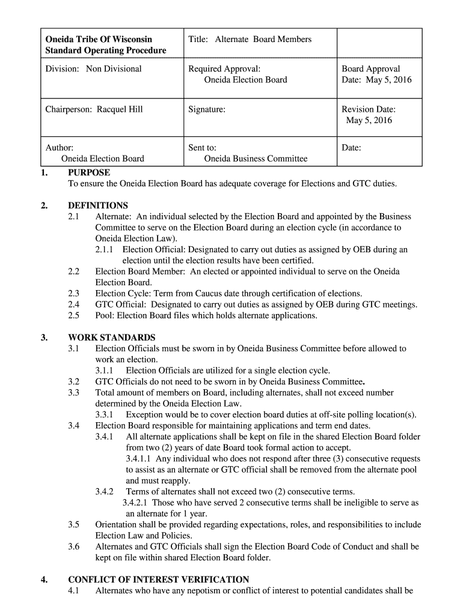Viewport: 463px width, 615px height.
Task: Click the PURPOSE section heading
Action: click(89, 173)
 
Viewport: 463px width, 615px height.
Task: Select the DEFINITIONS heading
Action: click(98, 205)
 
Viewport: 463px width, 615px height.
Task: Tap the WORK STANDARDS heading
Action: click(112, 338)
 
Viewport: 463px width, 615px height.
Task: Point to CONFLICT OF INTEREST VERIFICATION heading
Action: click(159, 580)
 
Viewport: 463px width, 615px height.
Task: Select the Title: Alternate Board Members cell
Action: click(250, 39)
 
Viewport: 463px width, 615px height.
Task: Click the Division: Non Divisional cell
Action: click(94, 68)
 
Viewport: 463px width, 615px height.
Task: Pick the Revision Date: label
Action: click(369, 109)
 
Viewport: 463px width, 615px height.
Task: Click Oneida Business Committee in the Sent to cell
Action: click(256, 159)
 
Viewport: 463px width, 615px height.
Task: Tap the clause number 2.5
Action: click(74, 315)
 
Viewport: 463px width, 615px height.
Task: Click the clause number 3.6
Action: click(74, 547)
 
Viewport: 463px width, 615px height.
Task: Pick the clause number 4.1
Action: click(74, 590)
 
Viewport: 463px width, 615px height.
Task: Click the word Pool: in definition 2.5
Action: click(105, 315)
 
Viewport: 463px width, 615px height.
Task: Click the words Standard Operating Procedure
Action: click(106, 50)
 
